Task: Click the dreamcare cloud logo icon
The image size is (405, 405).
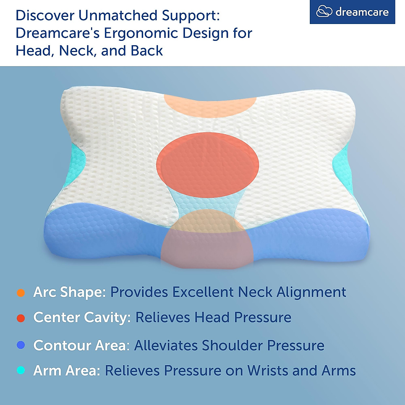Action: click(x=324, y=12)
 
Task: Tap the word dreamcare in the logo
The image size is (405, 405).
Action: click(x=362, y=12)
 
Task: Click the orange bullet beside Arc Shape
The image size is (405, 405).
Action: click(x=21, y=293)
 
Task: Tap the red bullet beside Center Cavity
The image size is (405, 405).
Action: click(x=21, y=318)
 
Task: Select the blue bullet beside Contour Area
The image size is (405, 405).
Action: click(x=21, y=345)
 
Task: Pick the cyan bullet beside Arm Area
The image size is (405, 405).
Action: click(x=21, y=371)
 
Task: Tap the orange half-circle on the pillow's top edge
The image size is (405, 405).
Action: click(x=210, y=105)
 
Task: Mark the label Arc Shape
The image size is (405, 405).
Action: click(x=70, y=292)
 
